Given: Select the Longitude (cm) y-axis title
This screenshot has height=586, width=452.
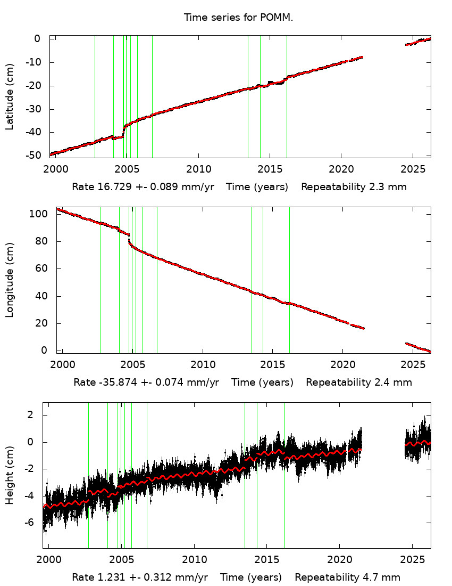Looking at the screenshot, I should point(10,280).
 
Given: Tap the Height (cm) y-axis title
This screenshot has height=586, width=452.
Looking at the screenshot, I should point(10,475).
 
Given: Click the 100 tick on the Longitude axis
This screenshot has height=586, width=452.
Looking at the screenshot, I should point(41,214).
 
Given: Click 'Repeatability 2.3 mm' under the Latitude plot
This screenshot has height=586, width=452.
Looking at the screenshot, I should point(354,187).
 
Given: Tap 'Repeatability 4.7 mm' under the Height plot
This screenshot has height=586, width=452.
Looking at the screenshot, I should point(348,577).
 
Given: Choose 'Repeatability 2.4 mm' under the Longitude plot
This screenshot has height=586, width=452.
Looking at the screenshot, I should point(358,382).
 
